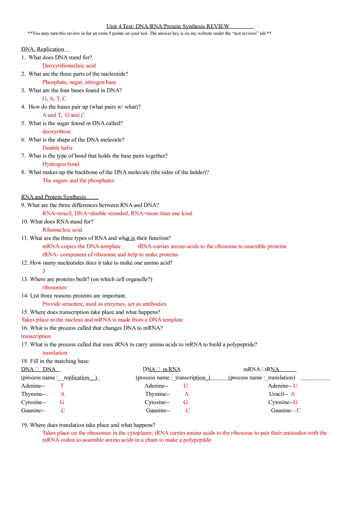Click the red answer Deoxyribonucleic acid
69,65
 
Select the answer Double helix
57,148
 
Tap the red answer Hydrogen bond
61,164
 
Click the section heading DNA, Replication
43,49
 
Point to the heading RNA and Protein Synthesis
54,197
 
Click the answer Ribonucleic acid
62,229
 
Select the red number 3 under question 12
44,271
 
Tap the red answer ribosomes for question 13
54,287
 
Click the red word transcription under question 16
36,336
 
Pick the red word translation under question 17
54,353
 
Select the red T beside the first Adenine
62,386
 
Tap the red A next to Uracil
292,394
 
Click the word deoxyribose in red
56,131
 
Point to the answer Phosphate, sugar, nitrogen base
79,82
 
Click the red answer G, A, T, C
54,98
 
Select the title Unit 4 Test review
168,26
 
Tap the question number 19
25,425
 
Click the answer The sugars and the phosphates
78,180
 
